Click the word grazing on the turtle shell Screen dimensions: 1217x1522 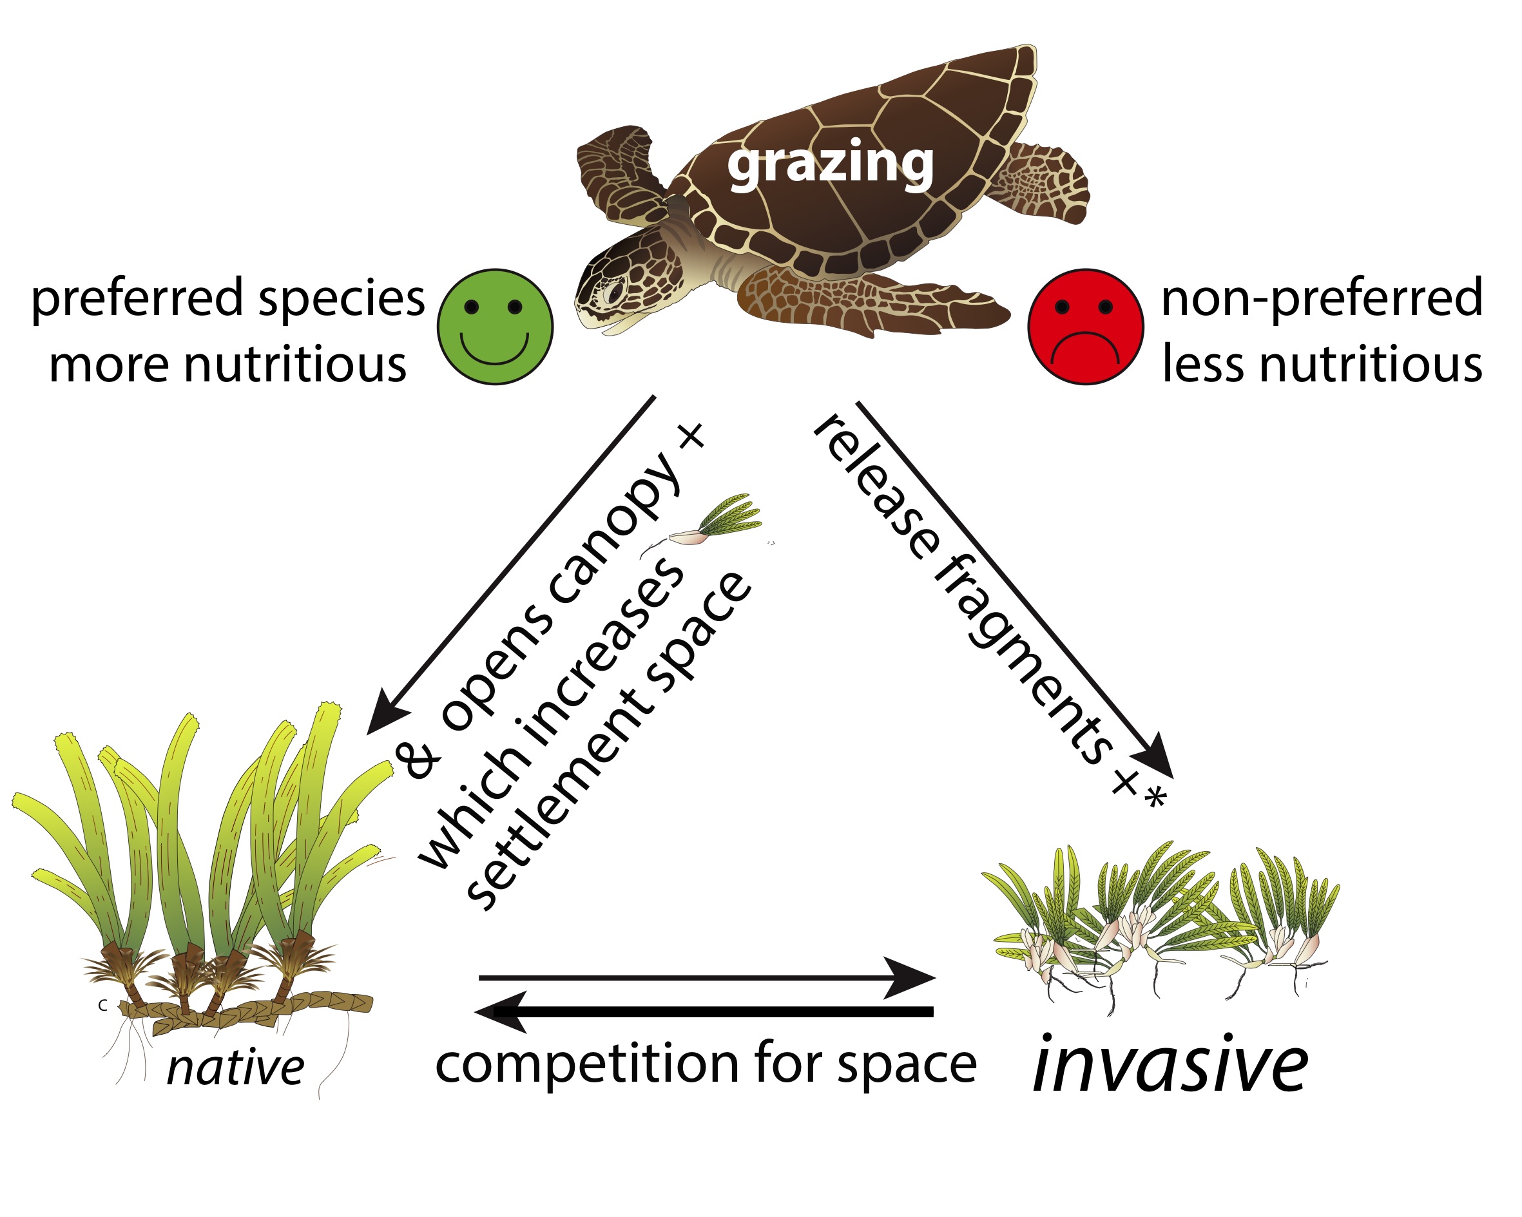[x=830, y=164]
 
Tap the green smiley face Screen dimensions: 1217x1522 [x=495, y=327]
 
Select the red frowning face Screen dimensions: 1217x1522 [x=1085, y=327]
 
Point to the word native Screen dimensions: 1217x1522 [x=235, y=1068]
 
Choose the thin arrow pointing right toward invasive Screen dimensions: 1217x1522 [x=706, y=978]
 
